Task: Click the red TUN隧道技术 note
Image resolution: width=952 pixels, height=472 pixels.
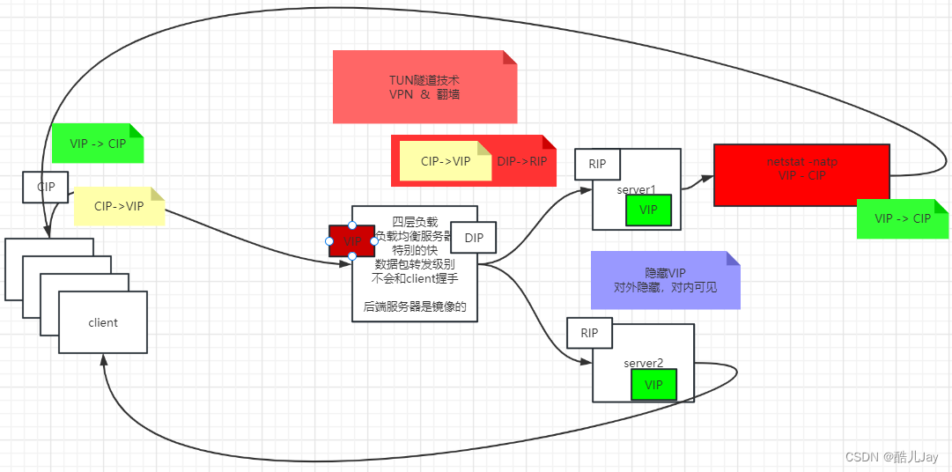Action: coord(424,86)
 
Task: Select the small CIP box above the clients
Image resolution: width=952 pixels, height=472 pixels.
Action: coord(46,187)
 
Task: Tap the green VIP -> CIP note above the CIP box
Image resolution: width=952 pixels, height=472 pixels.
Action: coord(97,144)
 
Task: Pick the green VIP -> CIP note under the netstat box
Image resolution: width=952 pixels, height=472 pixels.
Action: coord(902,218)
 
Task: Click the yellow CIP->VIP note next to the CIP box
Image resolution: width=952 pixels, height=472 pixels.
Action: coord(119,207)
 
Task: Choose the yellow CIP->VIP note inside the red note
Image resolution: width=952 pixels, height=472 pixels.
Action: coord(445,161)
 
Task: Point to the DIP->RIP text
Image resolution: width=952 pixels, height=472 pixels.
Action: coord(522,161)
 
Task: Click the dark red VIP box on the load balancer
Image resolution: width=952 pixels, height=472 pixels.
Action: coord(352,241)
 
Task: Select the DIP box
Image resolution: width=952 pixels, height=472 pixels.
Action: coord(473,237)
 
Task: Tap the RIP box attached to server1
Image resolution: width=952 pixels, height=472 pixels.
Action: coord(597,164)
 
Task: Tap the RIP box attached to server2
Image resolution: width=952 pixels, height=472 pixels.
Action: coord(589,333)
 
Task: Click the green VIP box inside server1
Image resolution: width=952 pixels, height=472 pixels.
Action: coord(648,210)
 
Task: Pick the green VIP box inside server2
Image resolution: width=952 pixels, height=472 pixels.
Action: coord(653,385)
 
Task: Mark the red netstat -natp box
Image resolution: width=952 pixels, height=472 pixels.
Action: coord(801,174)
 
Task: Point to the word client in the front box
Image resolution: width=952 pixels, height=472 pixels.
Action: coord(103,322)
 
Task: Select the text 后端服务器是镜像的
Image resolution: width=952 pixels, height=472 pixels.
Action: coord(414,307)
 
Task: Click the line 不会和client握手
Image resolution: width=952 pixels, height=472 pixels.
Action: coord(414,278)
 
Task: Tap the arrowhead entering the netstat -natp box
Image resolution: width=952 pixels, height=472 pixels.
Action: coord(707,179)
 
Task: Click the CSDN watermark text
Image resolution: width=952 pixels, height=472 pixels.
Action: coord(891,457)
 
